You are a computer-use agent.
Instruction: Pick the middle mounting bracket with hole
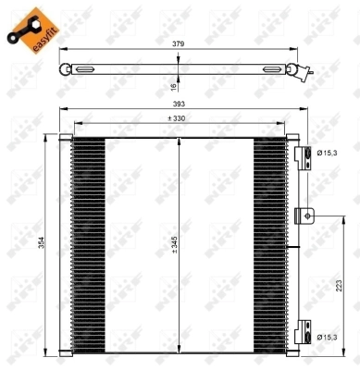(x=303, y=216)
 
